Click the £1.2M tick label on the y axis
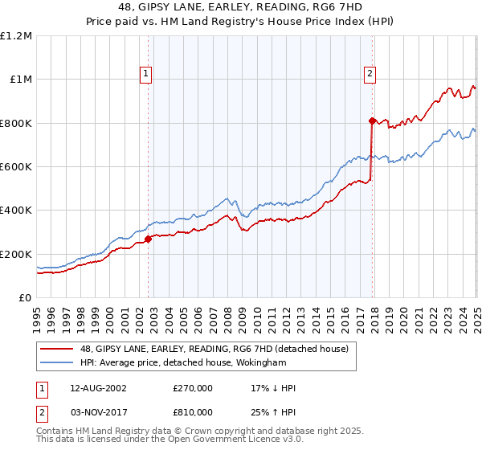coord(16,36)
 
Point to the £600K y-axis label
coord(16,167)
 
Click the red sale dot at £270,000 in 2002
coord(149,239)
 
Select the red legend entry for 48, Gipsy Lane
coord(214,349)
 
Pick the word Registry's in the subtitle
coord(293,22)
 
